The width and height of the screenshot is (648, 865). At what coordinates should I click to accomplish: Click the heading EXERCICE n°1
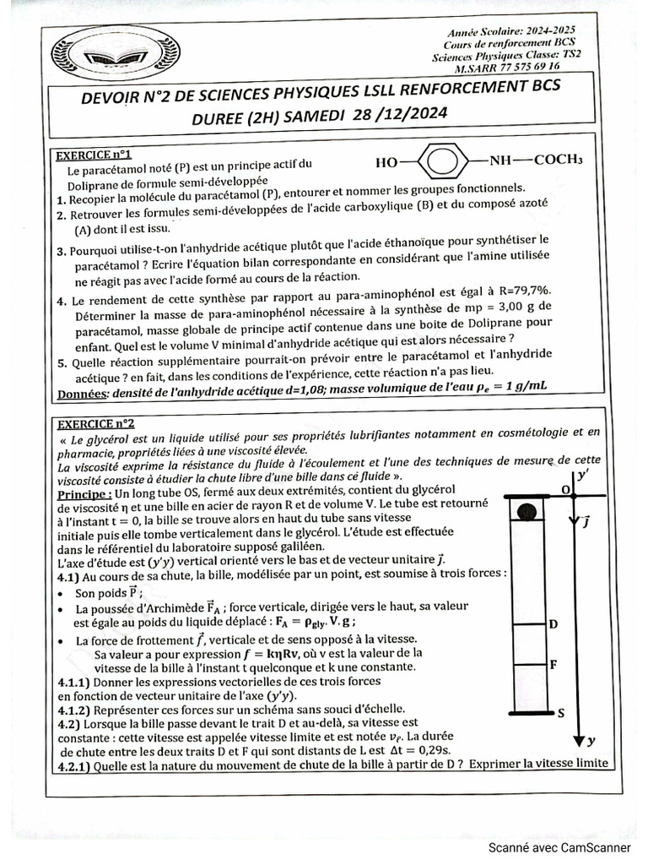[x=92, y=155]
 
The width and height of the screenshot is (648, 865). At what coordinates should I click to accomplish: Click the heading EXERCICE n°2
[x=94, y=423]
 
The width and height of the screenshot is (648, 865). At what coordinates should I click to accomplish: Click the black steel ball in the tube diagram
[x=527, y=511]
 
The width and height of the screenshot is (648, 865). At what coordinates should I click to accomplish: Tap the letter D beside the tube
[x=553, y=624]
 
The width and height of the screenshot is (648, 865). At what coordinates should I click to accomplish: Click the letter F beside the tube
[x=553, y=664]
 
